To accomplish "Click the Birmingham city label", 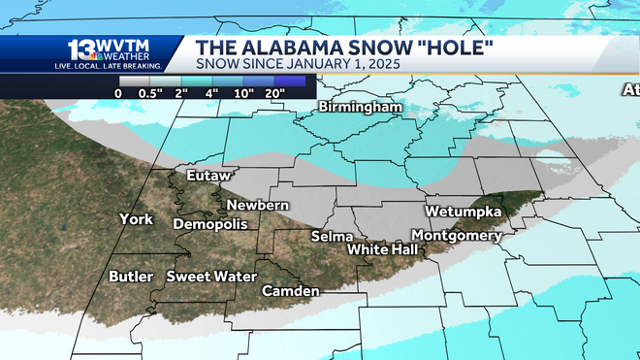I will [x=360, y=106].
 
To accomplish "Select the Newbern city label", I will [x=257, y=205].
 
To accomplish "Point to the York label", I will [x=136, y=219].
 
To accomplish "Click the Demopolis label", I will [x=209, y=224].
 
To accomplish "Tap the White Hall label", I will [x=383, y=249].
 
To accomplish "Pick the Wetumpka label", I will [x=463, y=212].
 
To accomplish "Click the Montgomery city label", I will [x=457, y=236].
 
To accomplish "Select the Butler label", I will [x=131, y=277].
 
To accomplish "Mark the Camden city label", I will [x=290, y=291].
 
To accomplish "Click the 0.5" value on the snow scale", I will [x=150, y=93].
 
